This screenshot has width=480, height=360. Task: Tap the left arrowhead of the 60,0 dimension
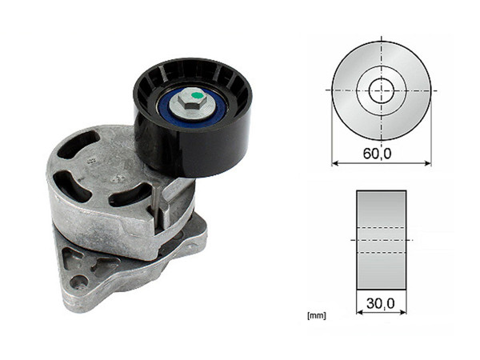[335, 164]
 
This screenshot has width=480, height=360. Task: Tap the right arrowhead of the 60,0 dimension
[428, 164]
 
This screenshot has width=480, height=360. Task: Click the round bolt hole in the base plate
[78, 282]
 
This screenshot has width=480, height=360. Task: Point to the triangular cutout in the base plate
[74, 260]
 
